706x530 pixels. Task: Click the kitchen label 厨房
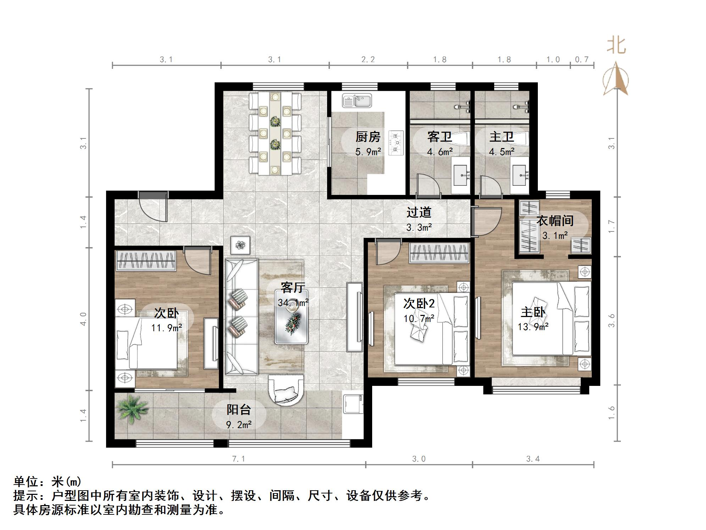point(368,137)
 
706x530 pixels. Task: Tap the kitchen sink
point(357,100)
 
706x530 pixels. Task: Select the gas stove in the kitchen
point(396,143)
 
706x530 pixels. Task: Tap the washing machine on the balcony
point(353,403)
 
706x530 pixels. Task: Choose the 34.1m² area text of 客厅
point(293,303)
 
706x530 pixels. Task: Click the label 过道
point(419,212)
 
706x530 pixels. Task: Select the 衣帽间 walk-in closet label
point(555,221)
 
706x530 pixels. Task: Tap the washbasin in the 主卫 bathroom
point(520,175)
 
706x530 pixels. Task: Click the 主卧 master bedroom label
point(533,312)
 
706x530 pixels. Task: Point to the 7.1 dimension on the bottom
point(238,459)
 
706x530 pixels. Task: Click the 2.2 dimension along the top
point(368,60)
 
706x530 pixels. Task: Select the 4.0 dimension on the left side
point(83,319)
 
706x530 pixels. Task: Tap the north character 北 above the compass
point(616,46)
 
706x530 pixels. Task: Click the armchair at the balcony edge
point(286,390)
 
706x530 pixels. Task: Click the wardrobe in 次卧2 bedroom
point(439,253)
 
